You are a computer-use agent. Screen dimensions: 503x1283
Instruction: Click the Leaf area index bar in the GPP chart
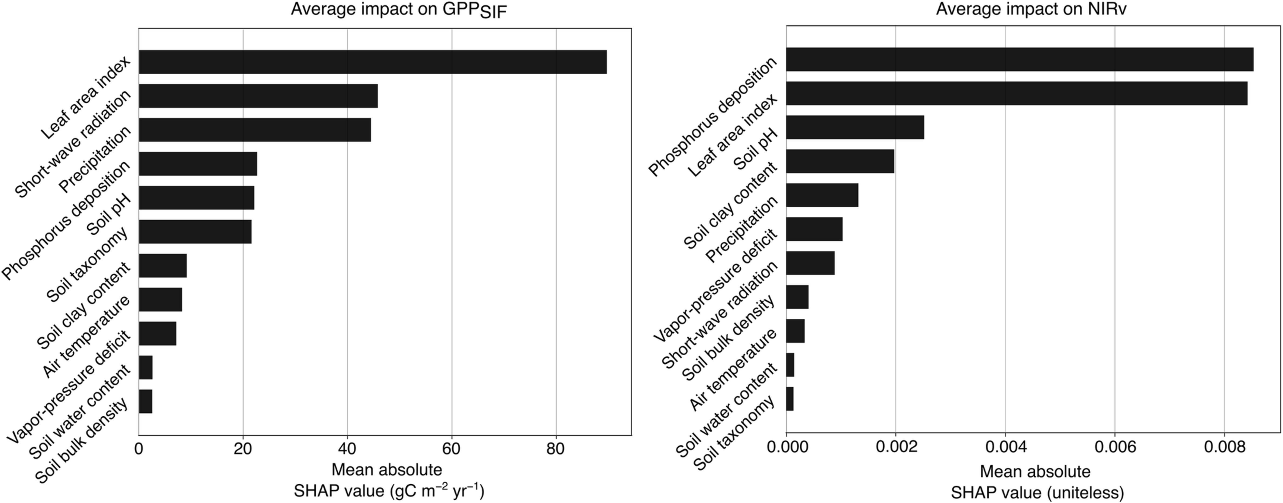click(x=373, y=62)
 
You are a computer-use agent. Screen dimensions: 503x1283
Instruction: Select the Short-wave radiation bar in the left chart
click(x=258, y=96)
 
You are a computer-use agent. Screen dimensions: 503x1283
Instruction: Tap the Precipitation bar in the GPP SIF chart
click(x=254, y=130)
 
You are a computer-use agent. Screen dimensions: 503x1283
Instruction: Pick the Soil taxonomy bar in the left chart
click(x=195, y=232)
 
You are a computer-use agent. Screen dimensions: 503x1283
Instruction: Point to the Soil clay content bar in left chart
click(x=162, y=265)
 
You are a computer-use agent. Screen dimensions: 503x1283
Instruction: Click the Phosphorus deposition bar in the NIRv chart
click(x=1020, y=59)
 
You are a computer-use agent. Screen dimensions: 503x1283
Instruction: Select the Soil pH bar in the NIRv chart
click(x=855, y=127)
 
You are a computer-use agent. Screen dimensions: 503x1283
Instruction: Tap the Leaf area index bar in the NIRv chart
click(x=1016, y=93)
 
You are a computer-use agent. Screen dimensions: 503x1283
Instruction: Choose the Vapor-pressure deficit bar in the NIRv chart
click(x=810, y=263)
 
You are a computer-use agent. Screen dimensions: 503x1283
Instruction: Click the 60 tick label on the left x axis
click(x=451, y=449)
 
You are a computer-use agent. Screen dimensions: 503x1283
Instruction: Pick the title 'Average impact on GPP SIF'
click(x=398, y=10)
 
